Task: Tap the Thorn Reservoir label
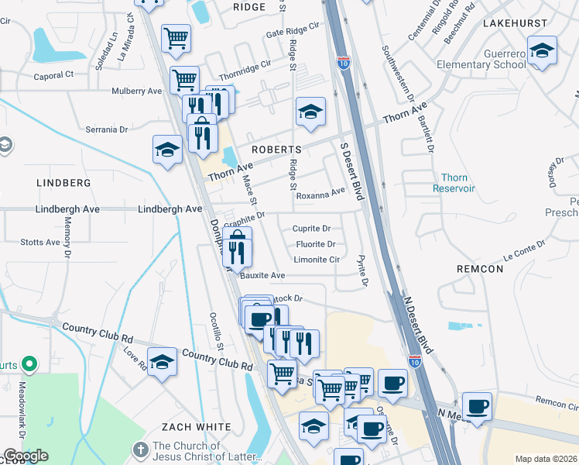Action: click(x=454, y=183)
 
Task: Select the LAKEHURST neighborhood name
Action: click(x=515, y=23)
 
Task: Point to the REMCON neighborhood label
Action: click(x=480, y=269)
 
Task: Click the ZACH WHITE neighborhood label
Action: click(x=196, y=427)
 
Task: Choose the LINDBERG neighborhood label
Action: click(x=63, y=183)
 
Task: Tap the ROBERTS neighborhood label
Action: click(x=276, y=149)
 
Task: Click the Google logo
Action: click(x=26, y=456)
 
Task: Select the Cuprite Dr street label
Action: click(x=311, y=229)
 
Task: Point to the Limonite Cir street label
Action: click(x=317, y=260)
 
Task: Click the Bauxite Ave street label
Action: click(x=262, y=275)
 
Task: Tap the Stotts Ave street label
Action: click(x=40, y=243)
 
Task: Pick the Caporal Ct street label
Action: click(x=53, y=75)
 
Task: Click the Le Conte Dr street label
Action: click(x=530, y=250)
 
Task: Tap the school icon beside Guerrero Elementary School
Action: click(x=543, y=51)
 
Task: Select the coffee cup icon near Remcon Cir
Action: click(x=477, y=405)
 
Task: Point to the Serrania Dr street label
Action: click(x=106, y=129)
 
